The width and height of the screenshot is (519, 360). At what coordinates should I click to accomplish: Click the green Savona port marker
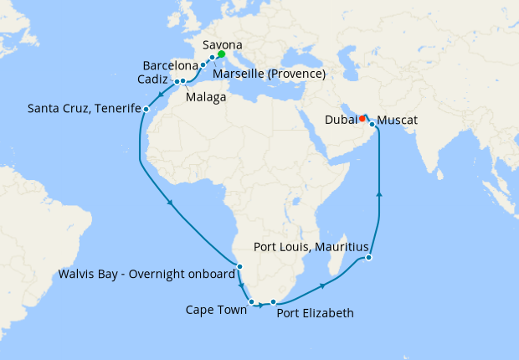click(x=221, y=54)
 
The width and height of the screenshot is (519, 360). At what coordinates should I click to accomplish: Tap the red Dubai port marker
click(x=362, y=118)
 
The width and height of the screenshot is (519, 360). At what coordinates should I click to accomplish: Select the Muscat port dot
click(x=372, y=124)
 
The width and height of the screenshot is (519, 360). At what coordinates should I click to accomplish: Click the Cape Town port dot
click(x=251, y=301)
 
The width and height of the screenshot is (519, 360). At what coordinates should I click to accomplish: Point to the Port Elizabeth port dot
click(x=273, y=301)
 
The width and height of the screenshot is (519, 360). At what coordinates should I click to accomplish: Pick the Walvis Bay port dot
click(x=239, y=267)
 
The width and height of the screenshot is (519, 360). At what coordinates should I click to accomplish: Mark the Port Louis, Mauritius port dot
click(x=369, y=258)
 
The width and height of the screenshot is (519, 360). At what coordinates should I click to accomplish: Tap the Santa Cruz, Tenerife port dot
click(x=146, y=109)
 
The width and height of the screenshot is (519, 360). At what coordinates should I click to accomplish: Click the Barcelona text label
click(x=170, y=64)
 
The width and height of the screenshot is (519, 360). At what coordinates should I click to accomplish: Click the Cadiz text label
click(x=156, y=80)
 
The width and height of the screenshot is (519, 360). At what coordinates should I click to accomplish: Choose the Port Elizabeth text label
click(x=315, y=313)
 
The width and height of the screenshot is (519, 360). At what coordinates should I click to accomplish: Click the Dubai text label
click(x=340, y=121)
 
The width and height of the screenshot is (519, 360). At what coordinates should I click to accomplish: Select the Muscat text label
click(x=397, y=121)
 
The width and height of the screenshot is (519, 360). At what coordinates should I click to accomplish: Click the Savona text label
click(x=223, y=44)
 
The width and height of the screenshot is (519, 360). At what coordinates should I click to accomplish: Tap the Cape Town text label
click(x=216, y=310)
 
